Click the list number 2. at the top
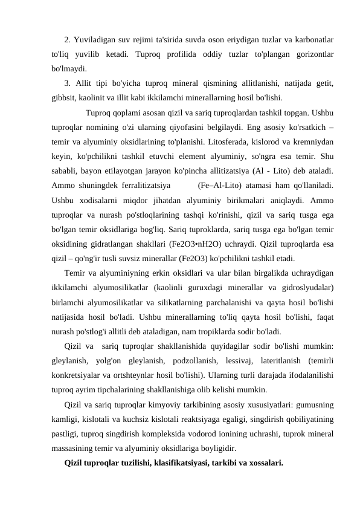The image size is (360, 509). coord(68,41)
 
